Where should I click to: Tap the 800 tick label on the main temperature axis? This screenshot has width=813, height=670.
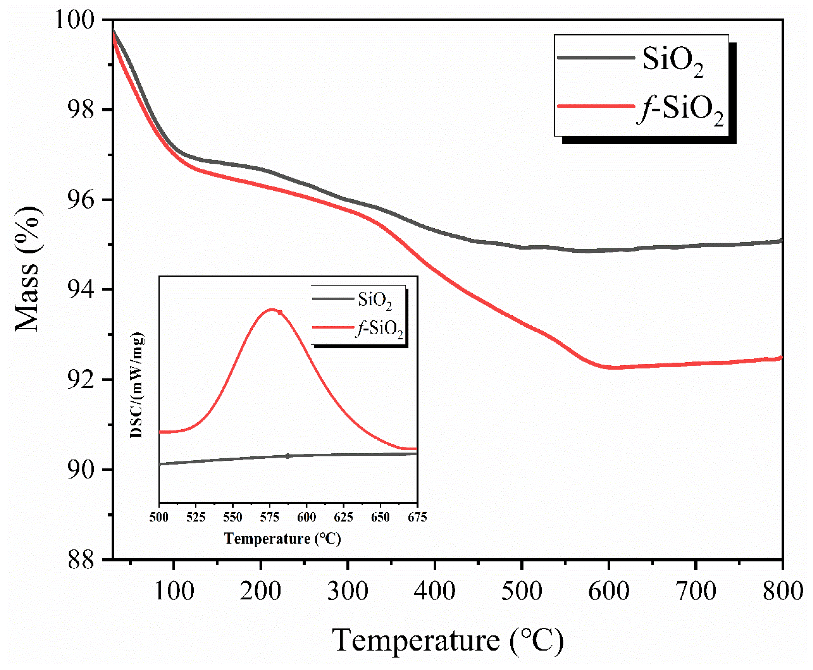pos(782,590)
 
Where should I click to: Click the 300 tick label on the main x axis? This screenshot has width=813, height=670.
pos(347,590)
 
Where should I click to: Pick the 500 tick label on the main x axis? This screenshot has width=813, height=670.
pos(522,590)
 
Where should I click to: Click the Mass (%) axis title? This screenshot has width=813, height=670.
pos(28,269)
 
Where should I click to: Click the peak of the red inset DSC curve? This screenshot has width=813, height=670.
pos(271,310)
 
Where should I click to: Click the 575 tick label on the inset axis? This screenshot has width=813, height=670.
pos(269,517)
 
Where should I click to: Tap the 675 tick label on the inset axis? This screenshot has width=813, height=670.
pos(417,517)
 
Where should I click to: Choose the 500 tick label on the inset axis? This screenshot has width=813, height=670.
pos(159,517)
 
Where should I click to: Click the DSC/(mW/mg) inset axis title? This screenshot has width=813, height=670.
pos(137,385)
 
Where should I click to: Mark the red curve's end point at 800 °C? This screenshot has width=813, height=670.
pos(781,358)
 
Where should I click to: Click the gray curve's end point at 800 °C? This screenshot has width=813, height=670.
pos(781,241)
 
